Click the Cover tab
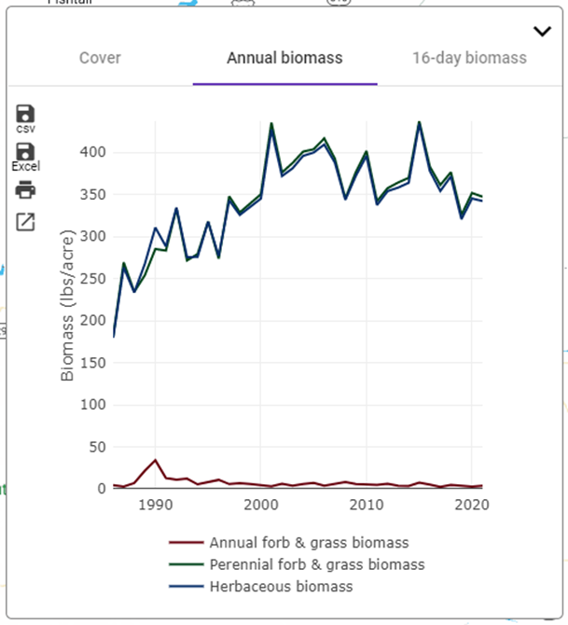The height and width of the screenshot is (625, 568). pyautogui.click(x=100, y=58)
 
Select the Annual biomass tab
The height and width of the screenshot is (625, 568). pyautogui.click(x=284, y=58)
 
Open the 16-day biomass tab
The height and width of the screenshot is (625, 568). pyautogui.click(x=469, y=58)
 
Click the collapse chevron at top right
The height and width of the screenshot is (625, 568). pyautogui.click(x=542, y=32)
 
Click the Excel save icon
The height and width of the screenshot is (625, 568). pyautogui.click(x=25, y=152)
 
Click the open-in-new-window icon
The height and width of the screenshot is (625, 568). pyautogui.click(x=25, y=222)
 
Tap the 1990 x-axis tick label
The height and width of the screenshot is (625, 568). pyautogui.click(x=156, y=505)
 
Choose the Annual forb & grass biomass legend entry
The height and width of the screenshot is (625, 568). pyautogui.click(x=309, y=542)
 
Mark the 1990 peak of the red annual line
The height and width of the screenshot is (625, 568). pyautogui.click(x=156, y=460)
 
